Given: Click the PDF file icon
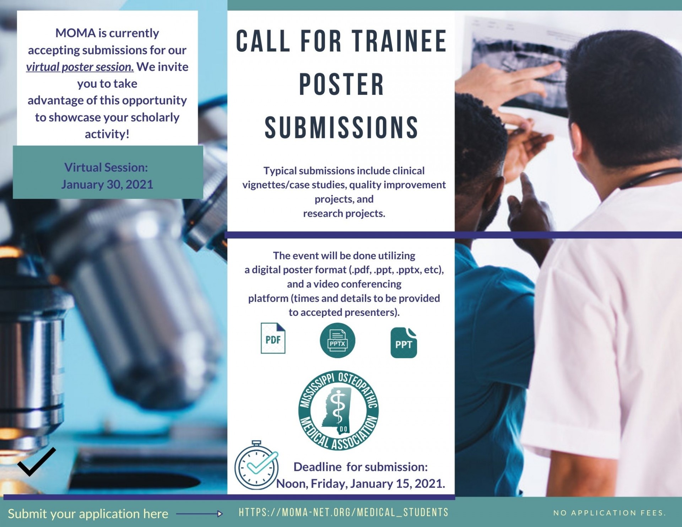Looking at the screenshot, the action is coord(273,338).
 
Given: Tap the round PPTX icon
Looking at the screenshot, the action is coord(337,340).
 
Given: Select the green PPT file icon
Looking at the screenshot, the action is coord(404,343).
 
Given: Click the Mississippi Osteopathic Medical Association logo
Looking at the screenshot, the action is coord(339,411).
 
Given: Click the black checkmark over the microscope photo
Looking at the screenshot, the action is coord(37,461).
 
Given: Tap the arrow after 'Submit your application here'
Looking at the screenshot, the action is coord(199,513).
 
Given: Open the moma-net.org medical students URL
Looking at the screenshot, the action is coord(343,512).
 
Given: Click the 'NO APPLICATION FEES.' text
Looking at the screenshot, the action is coord(610,513).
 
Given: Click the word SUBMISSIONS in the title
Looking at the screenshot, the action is coord(341,127).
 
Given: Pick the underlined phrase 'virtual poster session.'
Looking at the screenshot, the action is coord(80,67).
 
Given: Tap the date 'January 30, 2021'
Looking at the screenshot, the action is coord(107,184).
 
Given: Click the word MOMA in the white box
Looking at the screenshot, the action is coord(76,33).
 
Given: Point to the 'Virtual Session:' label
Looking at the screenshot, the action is coord(106,167).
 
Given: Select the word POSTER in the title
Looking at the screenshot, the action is coord(342,84).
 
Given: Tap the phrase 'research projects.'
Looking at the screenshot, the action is coord(344,213).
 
